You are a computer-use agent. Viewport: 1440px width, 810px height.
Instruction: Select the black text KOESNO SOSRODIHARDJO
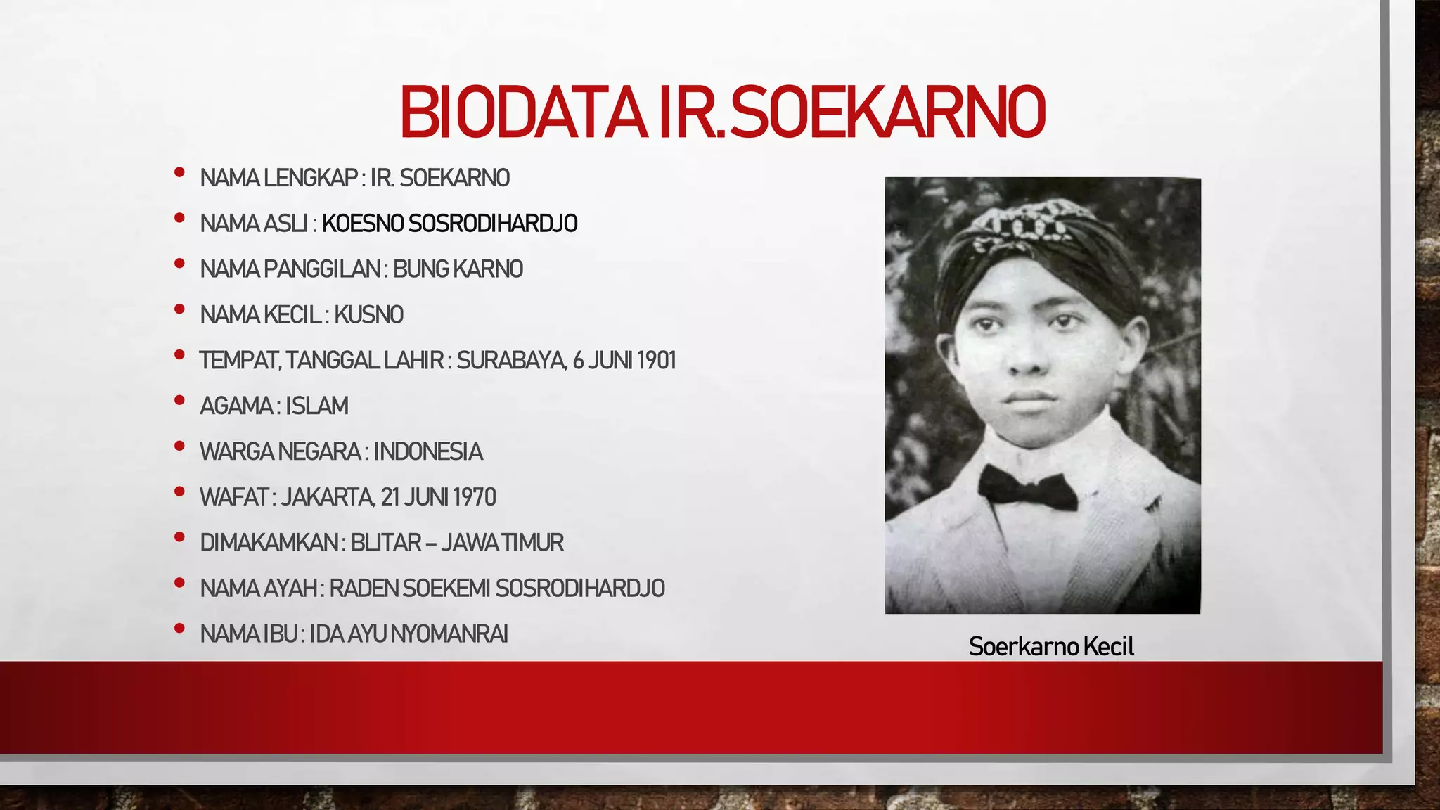450,224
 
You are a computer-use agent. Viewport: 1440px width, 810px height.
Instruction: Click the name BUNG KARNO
458,269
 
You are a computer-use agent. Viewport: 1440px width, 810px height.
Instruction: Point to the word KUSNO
368,315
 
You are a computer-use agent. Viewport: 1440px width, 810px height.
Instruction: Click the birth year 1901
655,361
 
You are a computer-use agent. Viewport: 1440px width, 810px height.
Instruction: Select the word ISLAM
316,406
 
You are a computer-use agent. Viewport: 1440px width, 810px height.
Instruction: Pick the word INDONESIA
427,452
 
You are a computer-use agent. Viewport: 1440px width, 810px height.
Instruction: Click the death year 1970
475,498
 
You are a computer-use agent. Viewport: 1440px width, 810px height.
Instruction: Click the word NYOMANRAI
449,634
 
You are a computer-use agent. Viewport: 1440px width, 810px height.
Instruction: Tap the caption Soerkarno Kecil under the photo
1051,646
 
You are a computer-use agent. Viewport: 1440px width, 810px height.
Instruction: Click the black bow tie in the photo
1027,487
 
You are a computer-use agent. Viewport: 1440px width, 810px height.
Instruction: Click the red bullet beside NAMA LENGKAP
179,172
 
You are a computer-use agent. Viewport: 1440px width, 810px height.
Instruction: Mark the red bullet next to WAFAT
179,491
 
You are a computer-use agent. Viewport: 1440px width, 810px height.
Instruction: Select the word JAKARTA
327,498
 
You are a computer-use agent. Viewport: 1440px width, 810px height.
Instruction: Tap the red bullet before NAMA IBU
179,628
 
